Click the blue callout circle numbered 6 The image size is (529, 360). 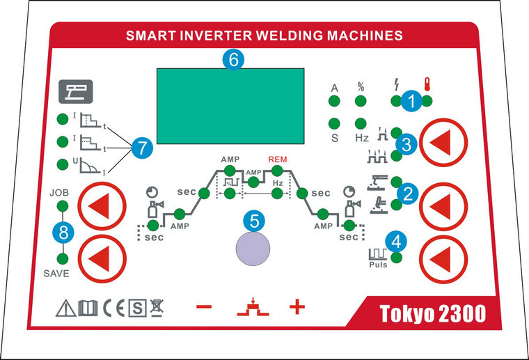click(x=233, y=60)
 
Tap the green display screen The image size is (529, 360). click(x=230, y=105)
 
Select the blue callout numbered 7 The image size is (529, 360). click(x=141, y=147)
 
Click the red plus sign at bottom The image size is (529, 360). click(x=297, y=307)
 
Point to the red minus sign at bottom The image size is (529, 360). click(x=204, y=307)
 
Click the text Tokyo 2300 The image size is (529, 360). click(x=432, y=314)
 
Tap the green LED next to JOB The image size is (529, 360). click(x=61, y=206)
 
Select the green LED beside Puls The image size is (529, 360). click(x=397, y=258)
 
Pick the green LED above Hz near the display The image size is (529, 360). click(x=361, y=123)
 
